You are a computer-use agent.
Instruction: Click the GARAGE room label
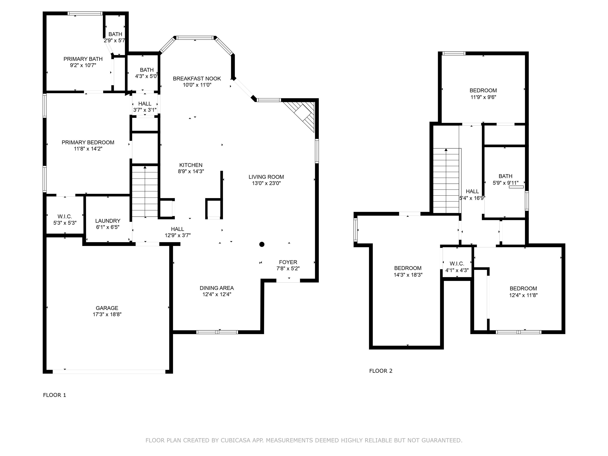[107, 308]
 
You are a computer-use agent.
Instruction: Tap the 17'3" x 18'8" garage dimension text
[107, 314]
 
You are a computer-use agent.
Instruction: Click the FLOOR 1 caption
[54, 395]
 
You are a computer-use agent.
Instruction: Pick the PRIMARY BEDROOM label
[88, 142]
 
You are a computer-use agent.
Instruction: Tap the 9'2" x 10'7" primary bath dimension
[83, 66]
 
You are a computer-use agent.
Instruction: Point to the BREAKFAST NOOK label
[197, 79]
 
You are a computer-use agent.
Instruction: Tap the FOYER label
[288, 262]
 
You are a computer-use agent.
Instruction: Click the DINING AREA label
[217, 288]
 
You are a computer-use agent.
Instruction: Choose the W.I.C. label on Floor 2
[457, 264]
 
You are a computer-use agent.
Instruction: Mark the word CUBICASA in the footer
[235, 440]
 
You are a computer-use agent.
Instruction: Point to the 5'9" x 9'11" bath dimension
[505, 183]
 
